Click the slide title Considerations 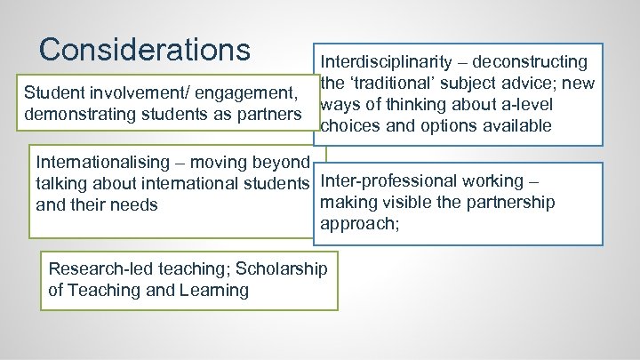[145, 49]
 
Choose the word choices [348, 126]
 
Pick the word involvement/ [131, 92]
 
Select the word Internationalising [102, 163]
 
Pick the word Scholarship [281, 268]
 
